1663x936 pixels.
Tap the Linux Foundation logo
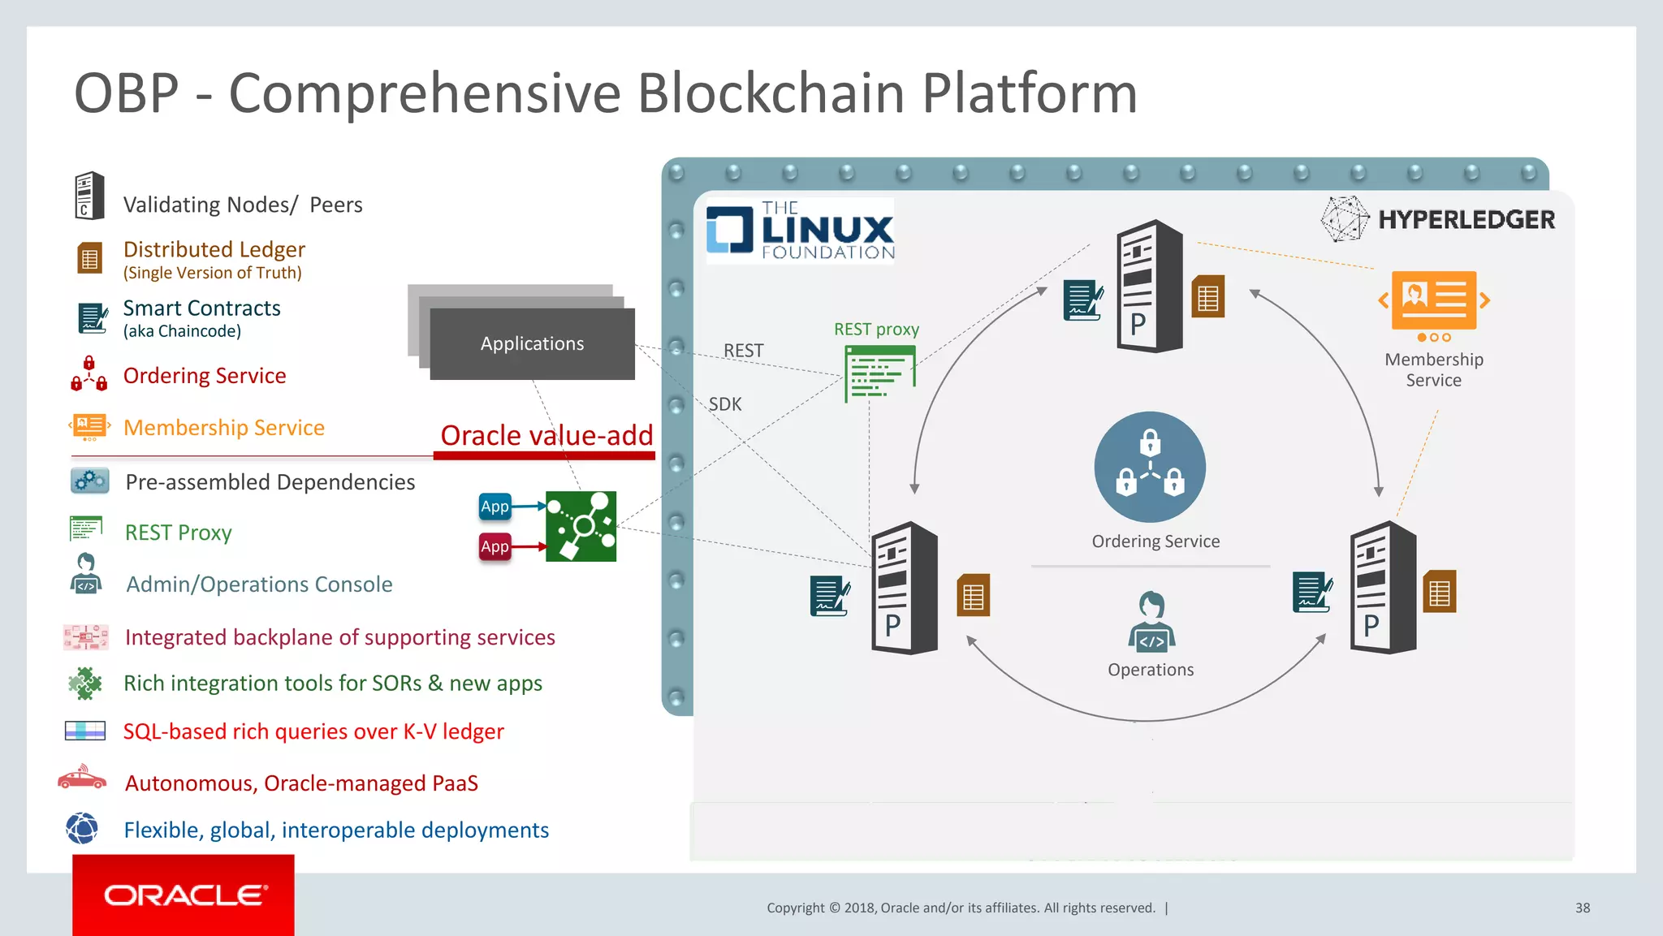tap(801, 231)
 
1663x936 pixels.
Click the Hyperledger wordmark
tap(1466, 219)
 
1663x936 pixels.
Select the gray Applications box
tap(532, 343)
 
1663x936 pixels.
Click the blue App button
tap(495, 507)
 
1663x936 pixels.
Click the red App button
tap(495, 546)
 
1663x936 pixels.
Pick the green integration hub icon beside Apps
tap(581, 526)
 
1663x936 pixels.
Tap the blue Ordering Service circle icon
tap(1149, 467)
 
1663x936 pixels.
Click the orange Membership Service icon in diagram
tap(1434, 302)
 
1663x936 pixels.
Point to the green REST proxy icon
tap(879, 373)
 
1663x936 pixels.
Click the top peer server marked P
tap(1148, 286)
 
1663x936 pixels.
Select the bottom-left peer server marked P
tap(904, 588)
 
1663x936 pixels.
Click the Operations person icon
tap(1151, 622)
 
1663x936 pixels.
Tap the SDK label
tap(725, 404)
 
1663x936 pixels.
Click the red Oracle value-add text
tap(546, 436)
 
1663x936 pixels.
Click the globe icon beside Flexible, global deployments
tap(82, 829)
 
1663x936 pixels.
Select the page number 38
tap(1582, 908)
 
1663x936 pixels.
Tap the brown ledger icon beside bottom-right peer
tap(1439, 592)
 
